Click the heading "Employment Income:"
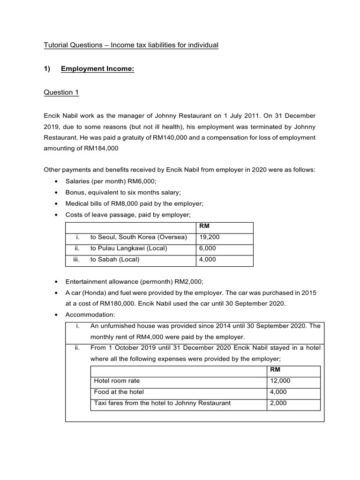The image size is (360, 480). point(97,69)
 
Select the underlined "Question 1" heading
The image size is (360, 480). point(61,92)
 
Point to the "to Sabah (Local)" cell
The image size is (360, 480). point(114,259)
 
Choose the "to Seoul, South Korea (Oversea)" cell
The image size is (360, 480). point(138,237)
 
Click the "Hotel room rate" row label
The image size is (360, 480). point(117,381)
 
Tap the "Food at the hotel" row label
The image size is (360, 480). point(119,392)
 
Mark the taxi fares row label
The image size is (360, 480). point(162,403)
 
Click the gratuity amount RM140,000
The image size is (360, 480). point(159,137)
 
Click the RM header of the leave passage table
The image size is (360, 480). point(204,226)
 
